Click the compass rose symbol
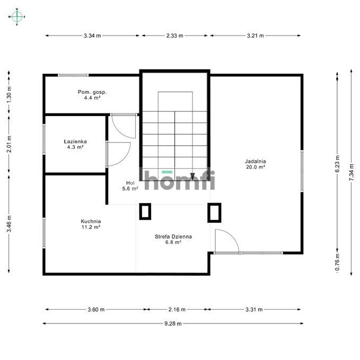(x=17, y=16)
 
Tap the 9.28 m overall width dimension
(x=173, y=323)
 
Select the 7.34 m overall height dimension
(x=352, y=172)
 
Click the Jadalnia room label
(x=256, y=164)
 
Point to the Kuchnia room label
(x=91, y=224)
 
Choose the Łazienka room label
(x=75, y=144)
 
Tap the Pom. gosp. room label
(x=92, y=95)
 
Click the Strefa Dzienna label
(x=173, y=239)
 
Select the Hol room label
(x=130, y=186)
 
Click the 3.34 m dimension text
(x=92, y=36)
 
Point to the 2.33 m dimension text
(x=175, y=36)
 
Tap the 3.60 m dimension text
(x=96, y=310)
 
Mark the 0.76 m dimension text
(x=337, y=262)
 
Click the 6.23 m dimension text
(x=337, y=164)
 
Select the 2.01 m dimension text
(x=9, y=144)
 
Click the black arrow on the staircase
(x=193, y=177)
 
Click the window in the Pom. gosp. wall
(x=73, y=75)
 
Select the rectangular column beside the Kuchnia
(x=145, y=212)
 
